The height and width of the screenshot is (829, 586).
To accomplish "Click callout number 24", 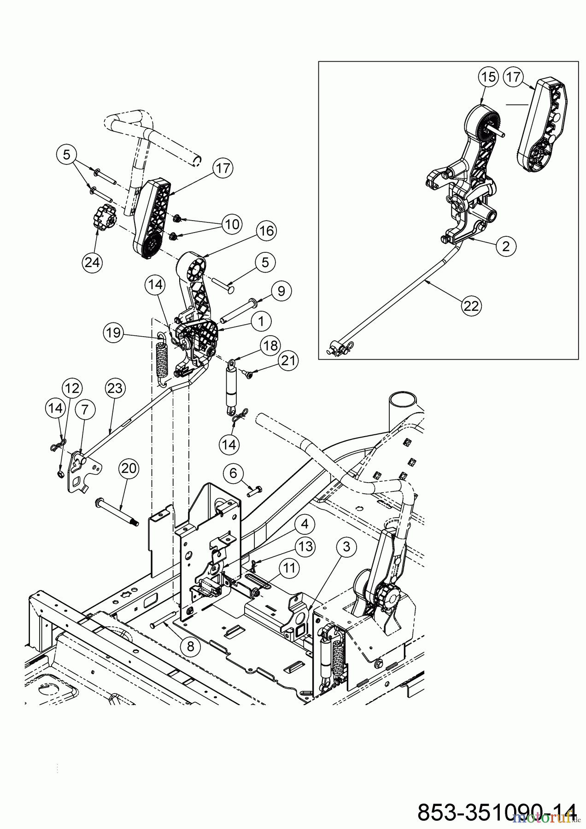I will pyautogui.click(x=92, y=262).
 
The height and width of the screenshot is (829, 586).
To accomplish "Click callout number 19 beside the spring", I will pyautogui.click(x=112, y=332).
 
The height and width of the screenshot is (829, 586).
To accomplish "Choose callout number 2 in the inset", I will pyautogui.click(x=506, y=246).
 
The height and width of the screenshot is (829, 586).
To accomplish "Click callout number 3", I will pyautogui.click(x=346, y=547).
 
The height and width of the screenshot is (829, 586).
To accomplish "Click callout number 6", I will pyautogui.click(x=234, y=473).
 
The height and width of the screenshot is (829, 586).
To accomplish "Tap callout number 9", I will pyautogui.click(x=281, y=291).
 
